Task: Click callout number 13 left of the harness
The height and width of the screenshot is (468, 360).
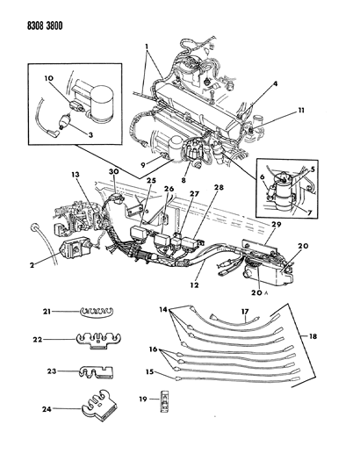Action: (x=76, y=176)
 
